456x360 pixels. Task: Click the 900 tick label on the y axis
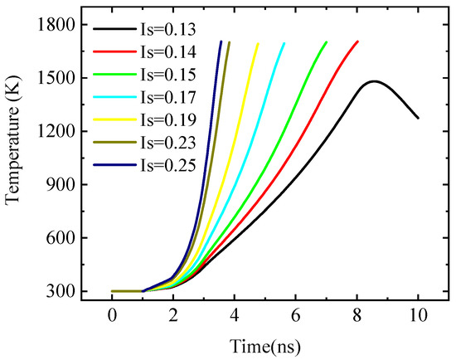click(x=62, y=185)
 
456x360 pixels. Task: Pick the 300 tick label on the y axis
click(x=62, y=291)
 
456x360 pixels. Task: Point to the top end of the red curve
click(x=357, y=41)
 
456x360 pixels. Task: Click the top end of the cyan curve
click(x=284, y=43)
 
